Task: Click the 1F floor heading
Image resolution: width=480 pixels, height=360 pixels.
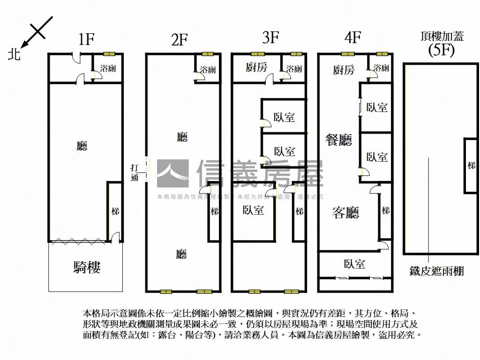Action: pos(87,39)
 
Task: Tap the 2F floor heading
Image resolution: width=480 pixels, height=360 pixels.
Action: pos(179,40)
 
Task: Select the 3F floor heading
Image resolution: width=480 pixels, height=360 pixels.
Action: pos(271,37)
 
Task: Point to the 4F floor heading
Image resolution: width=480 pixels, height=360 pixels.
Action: pos(352,37)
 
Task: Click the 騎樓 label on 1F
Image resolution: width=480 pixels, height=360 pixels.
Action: pos(87,267)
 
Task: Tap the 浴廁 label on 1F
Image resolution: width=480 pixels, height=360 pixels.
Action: pos(108,68)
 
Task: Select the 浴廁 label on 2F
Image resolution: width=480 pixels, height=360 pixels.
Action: pos(208,70)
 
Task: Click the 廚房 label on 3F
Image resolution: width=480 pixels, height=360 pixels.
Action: pos(256,67)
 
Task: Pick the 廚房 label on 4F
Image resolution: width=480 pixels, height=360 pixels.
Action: pos(344,70)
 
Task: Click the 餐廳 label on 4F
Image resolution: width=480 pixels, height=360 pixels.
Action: pos(339,139)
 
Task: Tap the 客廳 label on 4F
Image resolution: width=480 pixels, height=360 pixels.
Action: pos(345,213)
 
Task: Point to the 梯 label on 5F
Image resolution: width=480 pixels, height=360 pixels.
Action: pos(471,165)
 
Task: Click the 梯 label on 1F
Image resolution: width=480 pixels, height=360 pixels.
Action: pos(115,211)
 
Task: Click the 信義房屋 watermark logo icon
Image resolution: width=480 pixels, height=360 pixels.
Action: pos(172,174)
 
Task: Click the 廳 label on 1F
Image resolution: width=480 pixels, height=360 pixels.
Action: pos(82,146)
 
